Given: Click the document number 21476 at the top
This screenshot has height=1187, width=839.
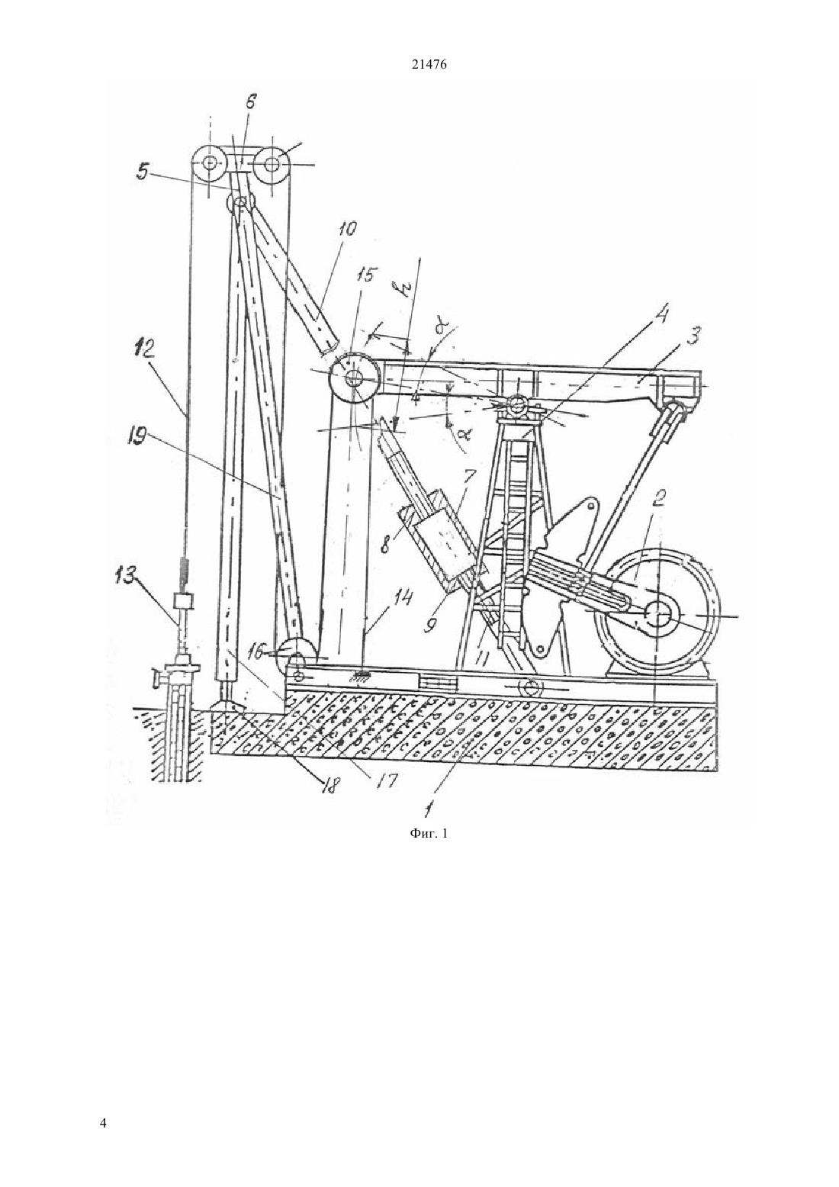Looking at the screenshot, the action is pyautogui.click(x=429, y=65).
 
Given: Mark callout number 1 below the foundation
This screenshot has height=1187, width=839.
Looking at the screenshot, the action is pyautogui.click(x=429, y=807).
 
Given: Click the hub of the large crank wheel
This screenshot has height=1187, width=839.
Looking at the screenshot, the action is pyautogui.click(x=657, y=616).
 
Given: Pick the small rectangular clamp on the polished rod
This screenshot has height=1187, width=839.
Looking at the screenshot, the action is pyautogui.click(x=183, y=600).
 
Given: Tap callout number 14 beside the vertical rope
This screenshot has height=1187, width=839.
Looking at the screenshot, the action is pyautogui.click(x=403, y=599).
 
